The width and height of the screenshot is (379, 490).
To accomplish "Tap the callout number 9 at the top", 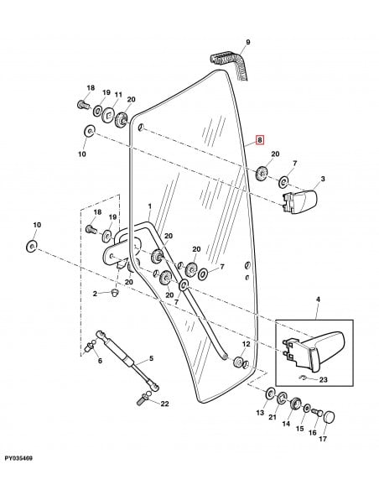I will point(248,42).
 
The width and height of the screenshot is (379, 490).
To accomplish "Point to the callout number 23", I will point(323,380).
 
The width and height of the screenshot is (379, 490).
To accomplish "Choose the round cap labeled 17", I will point(328,416).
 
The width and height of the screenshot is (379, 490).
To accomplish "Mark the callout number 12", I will point(246,344).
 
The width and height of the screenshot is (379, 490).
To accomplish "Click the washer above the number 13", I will point(270,394).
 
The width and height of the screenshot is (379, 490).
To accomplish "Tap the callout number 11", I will point(119,94).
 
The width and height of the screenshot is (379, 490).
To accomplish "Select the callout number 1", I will point(149,206).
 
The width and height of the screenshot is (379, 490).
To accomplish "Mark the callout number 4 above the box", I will point(318,299).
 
